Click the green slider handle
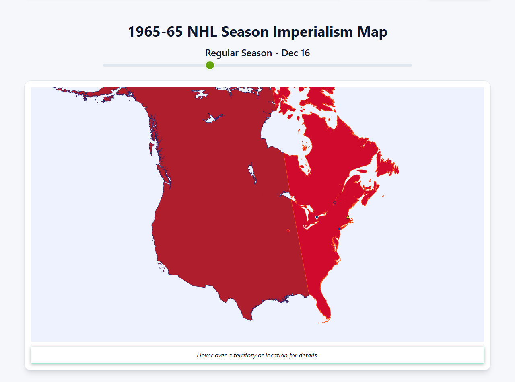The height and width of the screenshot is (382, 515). pyautogui.click(x=210, y=65)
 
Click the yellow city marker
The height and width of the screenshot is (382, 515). pyautogui.click(x=348, y=218)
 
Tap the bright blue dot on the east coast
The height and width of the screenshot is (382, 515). pyautogui.click(x=339, y=229)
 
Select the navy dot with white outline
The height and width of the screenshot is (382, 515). pyautogui.click(x=317, y=217)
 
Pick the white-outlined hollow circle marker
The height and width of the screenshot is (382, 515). pyautogui.click(x=305, y=226)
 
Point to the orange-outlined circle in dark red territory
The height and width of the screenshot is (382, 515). pyautogui.click(x=288, y=231)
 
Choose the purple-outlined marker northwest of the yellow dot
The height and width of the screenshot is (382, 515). pyautogui.click(x=334, y=203)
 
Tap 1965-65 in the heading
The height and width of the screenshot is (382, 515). pyautogui.click(x=156, y=32)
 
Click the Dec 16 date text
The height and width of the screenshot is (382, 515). pyautogui.click(x=296, y=53)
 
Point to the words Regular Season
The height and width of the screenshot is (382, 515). pyautogui.click(x=239, y=53)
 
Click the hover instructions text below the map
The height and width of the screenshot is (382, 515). pyautogui.click(x=257, y=355)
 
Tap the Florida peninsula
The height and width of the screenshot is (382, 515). pyautogui.click(x=324, y=308)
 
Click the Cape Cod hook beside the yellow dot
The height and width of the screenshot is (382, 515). pyautogui.click(x=351, y=220)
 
